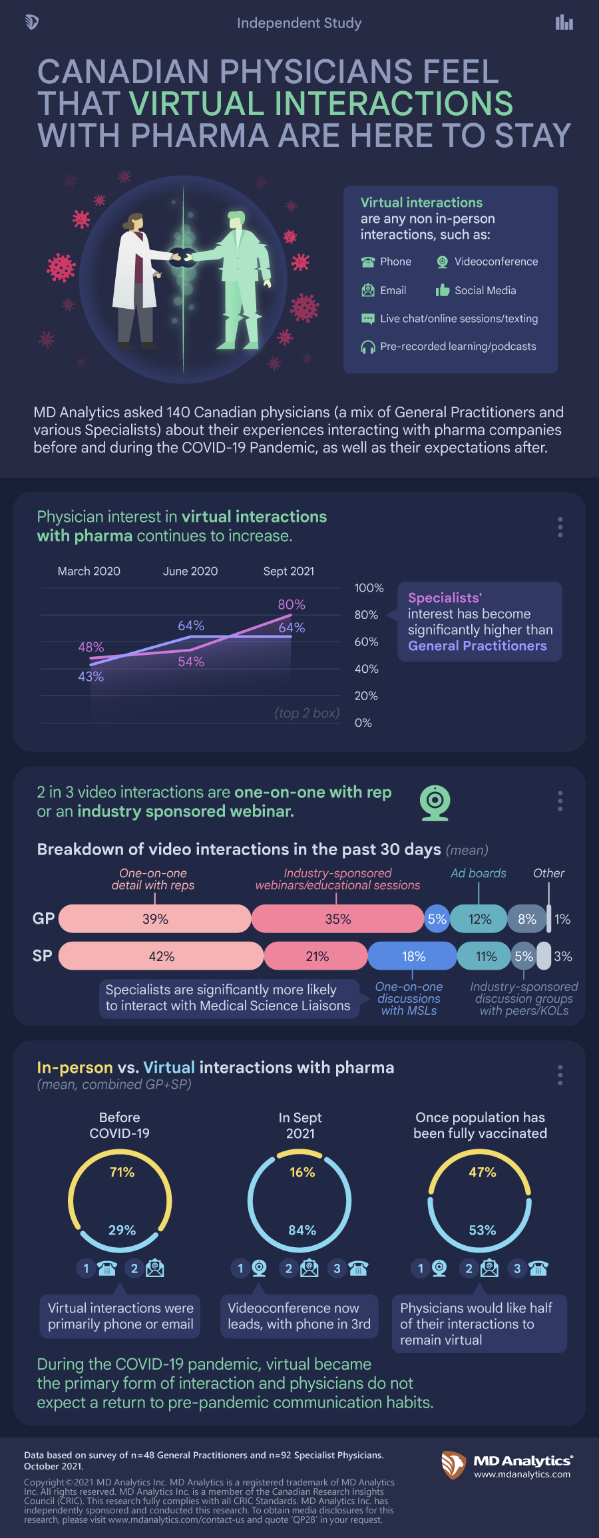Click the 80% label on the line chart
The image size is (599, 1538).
(x=292, y=604)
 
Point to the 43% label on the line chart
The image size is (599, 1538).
(x=91, y=677)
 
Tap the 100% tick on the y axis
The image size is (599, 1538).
(x=369, y=588)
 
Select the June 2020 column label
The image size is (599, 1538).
(x=190, y=571)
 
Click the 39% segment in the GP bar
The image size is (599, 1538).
(x=155, y=919)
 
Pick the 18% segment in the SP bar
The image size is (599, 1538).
(x=413, y=956)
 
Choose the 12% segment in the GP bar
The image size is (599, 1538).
(x=479, y=919)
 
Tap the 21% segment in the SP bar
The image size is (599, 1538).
(x=317, y=956)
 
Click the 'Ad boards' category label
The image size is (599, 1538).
(x=478, y=873)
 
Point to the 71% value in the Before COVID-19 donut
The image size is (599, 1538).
(x=122, y=1172)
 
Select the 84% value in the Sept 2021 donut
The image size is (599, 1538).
(x=302, y=1230)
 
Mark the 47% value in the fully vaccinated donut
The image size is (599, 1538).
(x=482, y=1172)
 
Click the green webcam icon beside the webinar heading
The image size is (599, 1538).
(x=435, y=803)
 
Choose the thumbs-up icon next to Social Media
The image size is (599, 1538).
(x=443, y=290)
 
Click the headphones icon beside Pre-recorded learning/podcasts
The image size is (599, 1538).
(x=368, y=347)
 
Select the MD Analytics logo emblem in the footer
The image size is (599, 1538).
(x=454, y=1465)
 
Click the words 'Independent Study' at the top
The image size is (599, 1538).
(x=299, y=23)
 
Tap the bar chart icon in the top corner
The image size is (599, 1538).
(x=564, y=23)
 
